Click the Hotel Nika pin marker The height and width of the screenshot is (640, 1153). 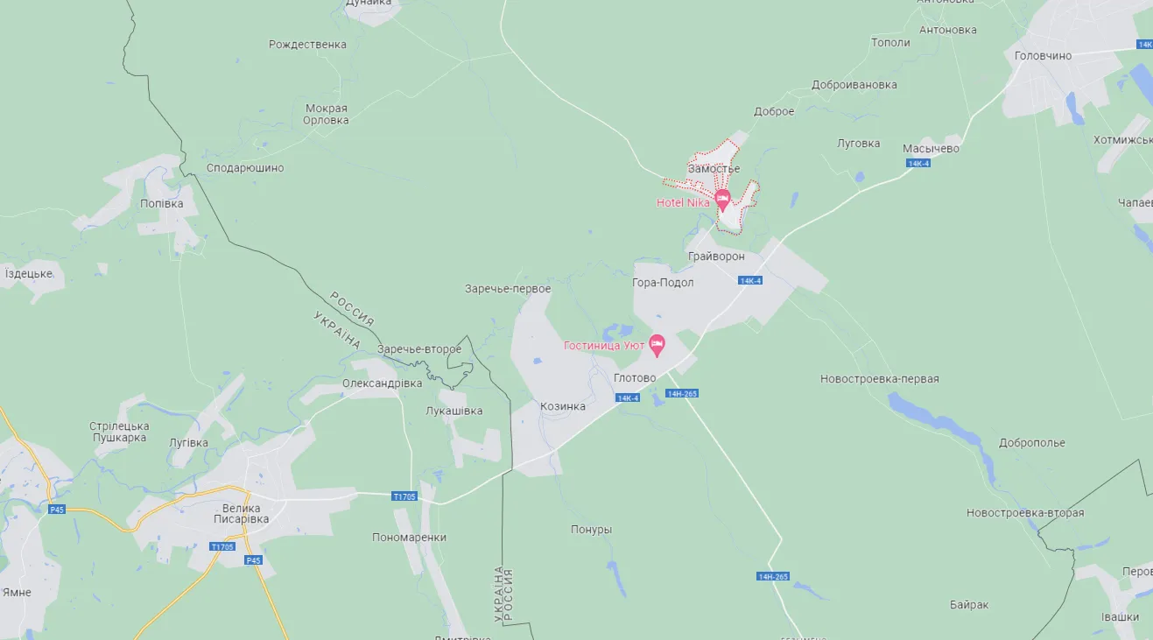pyautogui.click(x=722, y=199)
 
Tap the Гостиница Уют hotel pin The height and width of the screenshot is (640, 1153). pyautogui.click(x=657, y=342)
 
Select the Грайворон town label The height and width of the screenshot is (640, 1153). pyautogui.click(x=716, y=257)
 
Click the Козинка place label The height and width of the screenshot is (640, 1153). pyautogui.click(x=563, y=406)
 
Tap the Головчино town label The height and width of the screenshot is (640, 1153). pyautogui.click(x=1043, y=55)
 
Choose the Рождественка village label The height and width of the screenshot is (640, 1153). pyautogui.click(x=307, y=44)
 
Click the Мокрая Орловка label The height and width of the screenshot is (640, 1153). pyautogui.click(x=326, y=115)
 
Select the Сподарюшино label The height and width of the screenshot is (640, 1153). pyautogui.click(x=245, y=167)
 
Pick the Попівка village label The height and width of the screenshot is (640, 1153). pyautogui.click(x=162, y=203)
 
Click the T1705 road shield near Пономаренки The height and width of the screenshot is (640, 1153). pyautogui.click(x=404, y=496)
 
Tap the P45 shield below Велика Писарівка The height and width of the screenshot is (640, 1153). pyautogui.click(x=253, y=560)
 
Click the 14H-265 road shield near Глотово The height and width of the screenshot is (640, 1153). pyautogui.click(x=682, y=393)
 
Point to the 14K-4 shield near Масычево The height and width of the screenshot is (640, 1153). pyautogui.click(x=918, y=163)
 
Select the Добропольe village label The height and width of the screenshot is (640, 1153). pyautogui.click(x=1031, y=442)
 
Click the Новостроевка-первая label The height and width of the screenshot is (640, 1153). pyautogui.click(x=879, y=379)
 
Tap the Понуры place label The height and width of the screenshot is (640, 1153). pyautogui.click(x=591, y=530)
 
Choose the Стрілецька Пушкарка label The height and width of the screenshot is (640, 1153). pyautogui.click(x=119, y=432)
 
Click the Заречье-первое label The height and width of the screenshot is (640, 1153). pyautogui.click(x=508, y=289)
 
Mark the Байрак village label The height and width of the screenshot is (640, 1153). pyautogui.click(x=969, y=605)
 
